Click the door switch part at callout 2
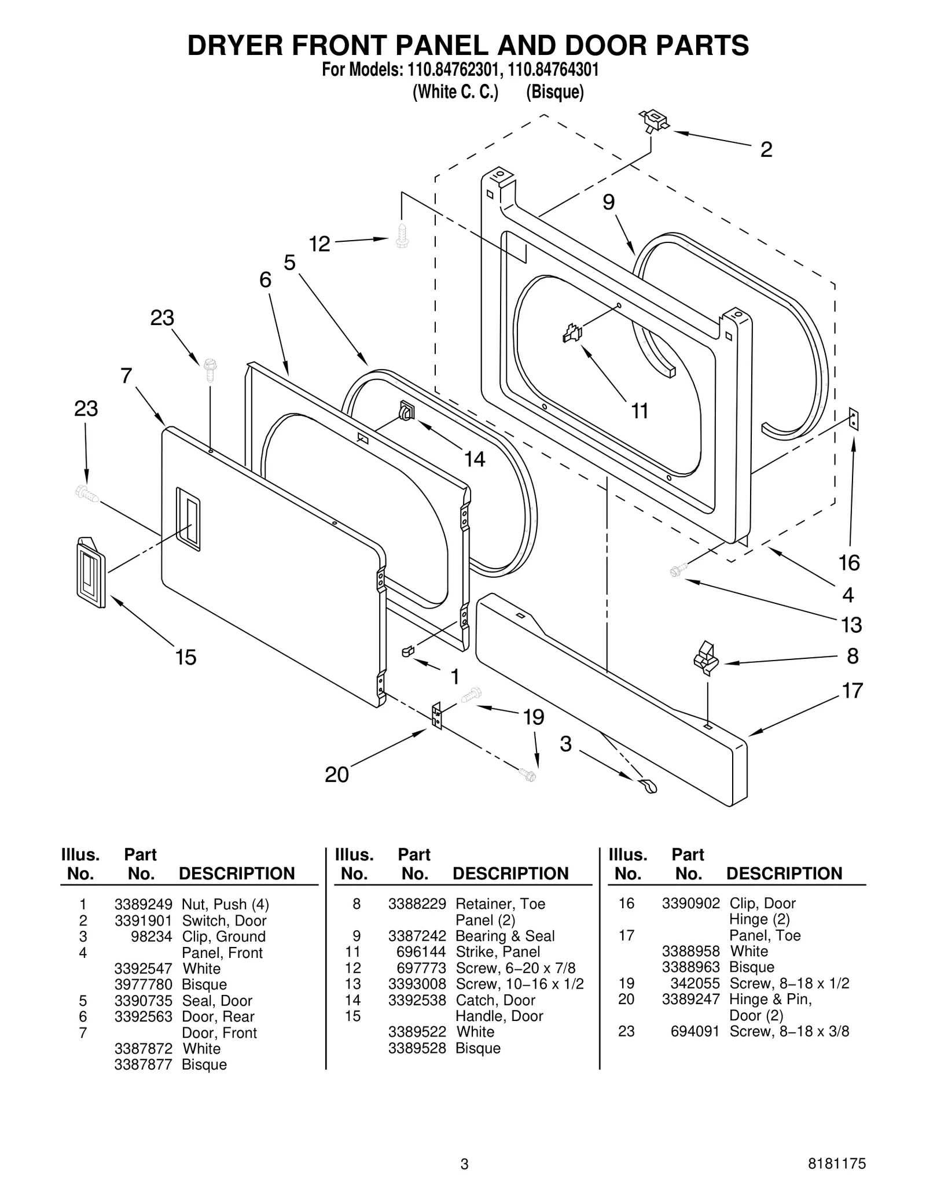[654, 121]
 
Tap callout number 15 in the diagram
[186, 658]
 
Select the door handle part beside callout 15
[91, 572]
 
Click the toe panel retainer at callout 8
[705, 658]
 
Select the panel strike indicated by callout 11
[572, 333]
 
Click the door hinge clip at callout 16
[854, 419]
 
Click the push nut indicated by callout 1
[407, 651]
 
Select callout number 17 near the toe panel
[852, 691]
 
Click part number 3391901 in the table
[143, 920]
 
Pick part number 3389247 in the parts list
[690, 999]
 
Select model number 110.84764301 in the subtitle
[553, 70]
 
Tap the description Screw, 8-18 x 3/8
[789, 1031]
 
